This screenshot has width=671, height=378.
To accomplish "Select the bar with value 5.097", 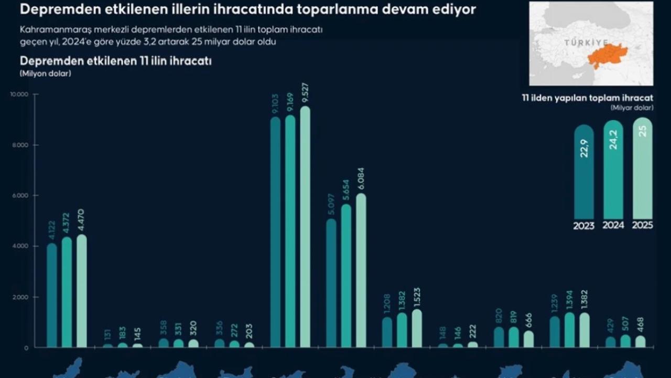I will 331,283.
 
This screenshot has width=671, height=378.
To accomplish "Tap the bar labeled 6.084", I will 361,270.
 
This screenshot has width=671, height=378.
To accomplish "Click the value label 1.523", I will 417,298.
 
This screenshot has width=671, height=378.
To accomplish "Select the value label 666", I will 528,320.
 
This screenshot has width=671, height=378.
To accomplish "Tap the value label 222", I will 472,332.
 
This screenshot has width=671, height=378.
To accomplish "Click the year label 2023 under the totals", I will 583,226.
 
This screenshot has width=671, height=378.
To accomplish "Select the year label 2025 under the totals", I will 642,226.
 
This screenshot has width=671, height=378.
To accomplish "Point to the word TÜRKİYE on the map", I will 586,43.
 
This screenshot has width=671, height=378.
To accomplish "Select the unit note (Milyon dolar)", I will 45,73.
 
